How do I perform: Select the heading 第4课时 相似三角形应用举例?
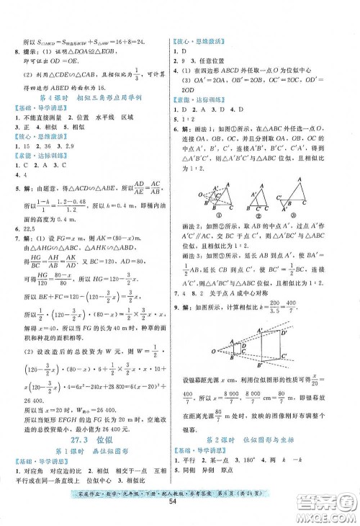pos(93,97)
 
